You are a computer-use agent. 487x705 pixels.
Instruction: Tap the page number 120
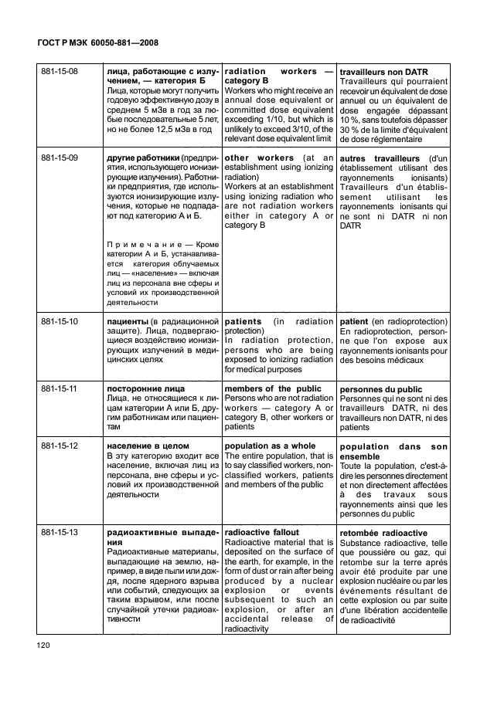(45, 644)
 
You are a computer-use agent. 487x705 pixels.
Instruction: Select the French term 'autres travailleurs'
(379, 159)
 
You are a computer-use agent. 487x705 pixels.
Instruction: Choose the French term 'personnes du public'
(381, 389)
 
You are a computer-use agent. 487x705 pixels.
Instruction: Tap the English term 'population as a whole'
(269, 446)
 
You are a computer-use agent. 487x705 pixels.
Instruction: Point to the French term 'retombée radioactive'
(383, 532)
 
